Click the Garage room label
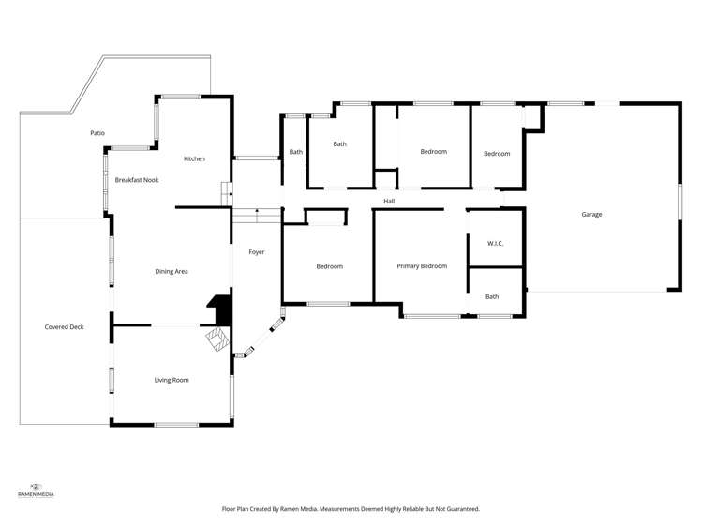(591, 215)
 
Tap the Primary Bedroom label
(421, 266)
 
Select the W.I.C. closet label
(495, 244)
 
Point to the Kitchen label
(194, 158)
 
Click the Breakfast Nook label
(136, 179)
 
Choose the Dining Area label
(172, 272)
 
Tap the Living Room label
(172, 380)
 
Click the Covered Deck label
(64, 327)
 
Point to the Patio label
(97, 133)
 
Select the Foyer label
(256, 252)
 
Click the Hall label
(389, 201)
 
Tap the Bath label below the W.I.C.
(492, 297)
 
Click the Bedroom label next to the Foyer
(329, 266)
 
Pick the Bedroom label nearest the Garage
(496, 154)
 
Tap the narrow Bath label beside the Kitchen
(295, 152)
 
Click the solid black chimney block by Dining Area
(219, 308)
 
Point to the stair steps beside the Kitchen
(226, 194)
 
